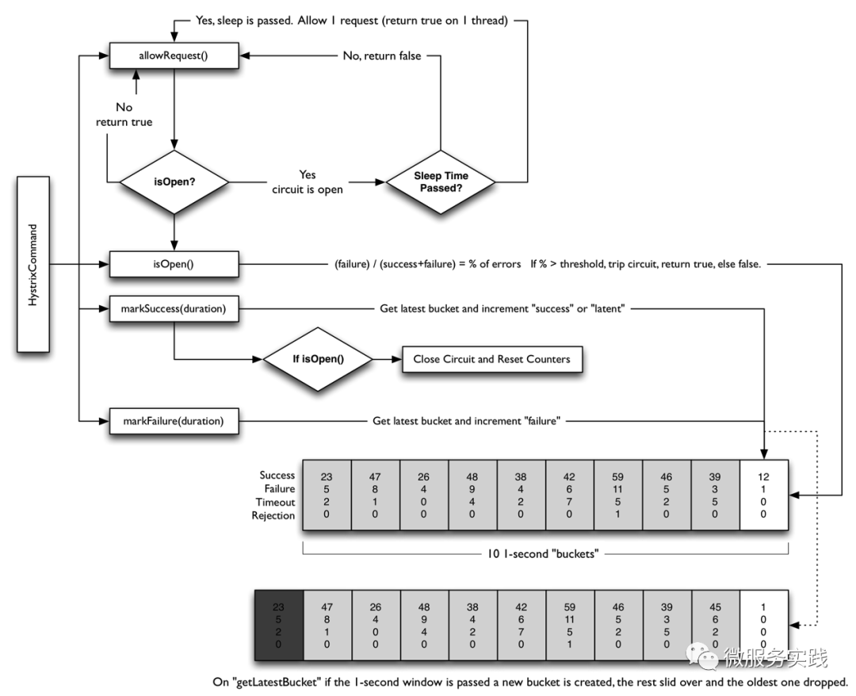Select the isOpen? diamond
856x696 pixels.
pyautogui.click(x=174, y=182)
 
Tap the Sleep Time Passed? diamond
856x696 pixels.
pyautogui.click(x=441, y=182)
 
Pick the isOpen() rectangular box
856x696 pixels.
pyautogui.click(x=174, y=264)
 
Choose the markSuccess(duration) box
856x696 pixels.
pyautogui.click(x=174, y=308)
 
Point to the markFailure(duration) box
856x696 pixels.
pyautogui.click(x=174, y=421)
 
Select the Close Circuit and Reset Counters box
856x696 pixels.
pyautogui.click(x=491, y=359)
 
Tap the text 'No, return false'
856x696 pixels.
pyautogui.click(x=381, y=56)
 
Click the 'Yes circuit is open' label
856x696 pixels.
pyautogui.click(x=308, y=182)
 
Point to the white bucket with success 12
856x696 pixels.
pyautogui.click(x=764, y=495)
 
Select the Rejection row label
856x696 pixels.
pyautogui.click(x=273, y=516)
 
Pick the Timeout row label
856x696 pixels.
pyautogui.click(x=275, y=503)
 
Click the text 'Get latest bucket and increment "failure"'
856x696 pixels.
pyautogui.click(x=466, y=421)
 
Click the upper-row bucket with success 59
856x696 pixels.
pyautogui.click(x=618, y=495)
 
